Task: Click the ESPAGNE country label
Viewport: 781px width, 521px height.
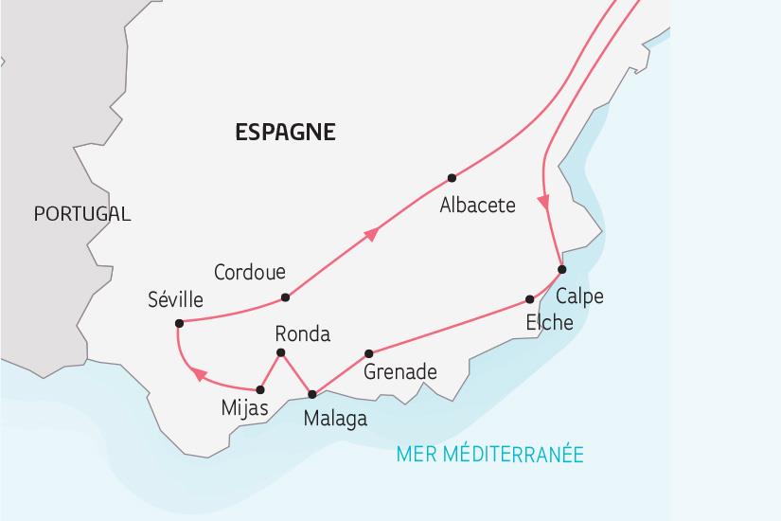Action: click(x=285, y=133)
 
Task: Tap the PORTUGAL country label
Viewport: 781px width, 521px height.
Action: click(x=81, y=214)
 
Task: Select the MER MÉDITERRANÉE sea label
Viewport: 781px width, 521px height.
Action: click(x=490, y=455)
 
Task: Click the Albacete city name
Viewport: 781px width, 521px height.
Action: click(x=478, y=205)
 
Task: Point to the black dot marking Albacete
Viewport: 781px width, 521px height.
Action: click(x=452, y=178)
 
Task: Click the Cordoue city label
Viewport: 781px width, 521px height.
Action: click(x=250, y=272)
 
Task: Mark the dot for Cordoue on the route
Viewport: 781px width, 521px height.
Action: click(x=286, y=297)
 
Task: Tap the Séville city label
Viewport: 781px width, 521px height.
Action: click(x=175, y=299)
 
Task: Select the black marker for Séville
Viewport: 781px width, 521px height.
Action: click(x=179, y=323)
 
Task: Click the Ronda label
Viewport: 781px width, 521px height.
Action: click(x=302, y=333)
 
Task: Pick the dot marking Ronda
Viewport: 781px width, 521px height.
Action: click(x=279, y=353)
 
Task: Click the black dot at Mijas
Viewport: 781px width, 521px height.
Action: click(x=260, y=389)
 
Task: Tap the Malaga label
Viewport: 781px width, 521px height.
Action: click(x=335, y=418)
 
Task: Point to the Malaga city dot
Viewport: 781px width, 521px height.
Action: click(x=312, y=394)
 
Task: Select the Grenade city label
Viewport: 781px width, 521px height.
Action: click(x=400, y=372)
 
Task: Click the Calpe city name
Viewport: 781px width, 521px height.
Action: click(x=579, y=296)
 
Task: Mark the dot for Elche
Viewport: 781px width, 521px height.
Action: click(x=530, y=300)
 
